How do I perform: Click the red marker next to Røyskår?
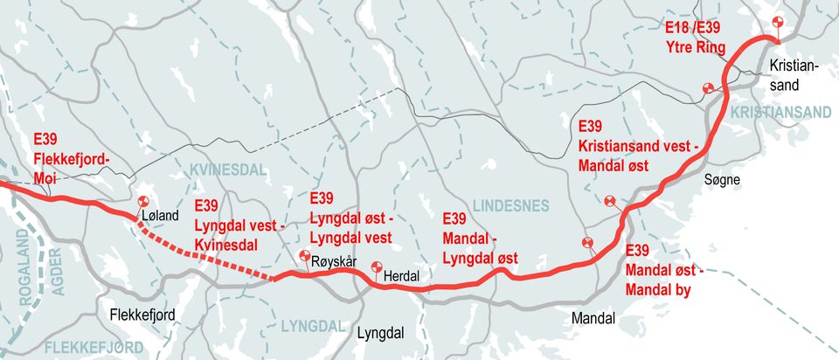pos(305,257)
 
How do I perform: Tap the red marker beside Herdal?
pos(378,268)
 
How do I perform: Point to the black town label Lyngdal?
pos(381,333)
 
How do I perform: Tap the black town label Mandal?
pos(593,316)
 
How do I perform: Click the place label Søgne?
pos(722,179)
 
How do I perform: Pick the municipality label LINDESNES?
pos(510,205)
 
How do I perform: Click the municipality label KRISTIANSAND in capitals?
pos(780,112)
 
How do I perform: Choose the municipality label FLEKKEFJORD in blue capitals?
pos(94,348)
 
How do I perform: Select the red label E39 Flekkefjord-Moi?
pos(70,157)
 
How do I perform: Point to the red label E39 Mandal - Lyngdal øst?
pos(480,238)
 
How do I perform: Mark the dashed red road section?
pos(205,250)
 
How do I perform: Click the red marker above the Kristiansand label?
pos(776,24)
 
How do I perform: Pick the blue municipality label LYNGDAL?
pos(314,326)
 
